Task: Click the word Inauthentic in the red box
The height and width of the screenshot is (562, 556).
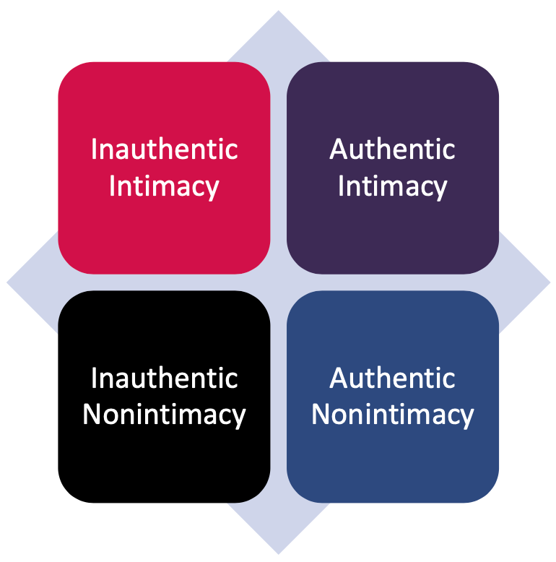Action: point(164,150)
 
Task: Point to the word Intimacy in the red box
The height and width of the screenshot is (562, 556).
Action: point(164,186)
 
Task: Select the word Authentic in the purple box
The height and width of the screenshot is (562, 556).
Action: point(392,150)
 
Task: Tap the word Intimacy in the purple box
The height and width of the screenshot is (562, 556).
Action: point(392,186)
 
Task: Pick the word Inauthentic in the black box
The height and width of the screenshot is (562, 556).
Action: point(164,378)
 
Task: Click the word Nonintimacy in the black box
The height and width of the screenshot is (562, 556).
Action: point(164,415)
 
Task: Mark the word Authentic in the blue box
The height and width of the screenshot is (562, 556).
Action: point(392,378)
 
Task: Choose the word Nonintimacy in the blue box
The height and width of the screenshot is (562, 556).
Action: point(392,415)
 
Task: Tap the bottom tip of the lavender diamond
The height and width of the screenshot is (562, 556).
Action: point(278,550)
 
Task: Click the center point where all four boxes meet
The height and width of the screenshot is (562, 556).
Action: point(278,282)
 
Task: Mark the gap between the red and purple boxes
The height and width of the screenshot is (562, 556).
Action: point(278,168)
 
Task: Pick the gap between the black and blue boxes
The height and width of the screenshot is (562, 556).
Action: point(278,397)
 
